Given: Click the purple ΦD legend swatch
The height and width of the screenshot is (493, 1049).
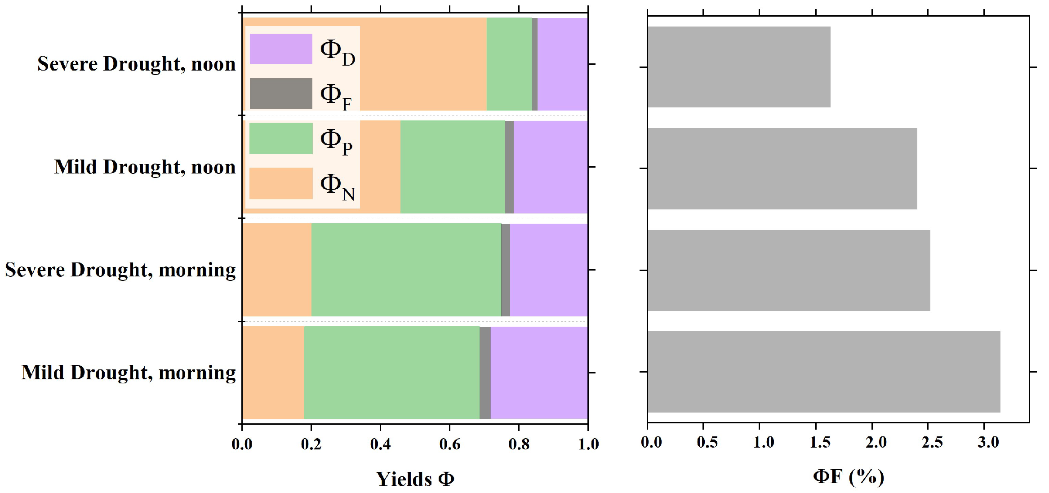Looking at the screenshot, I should pyautogui.click(x=281, y=49).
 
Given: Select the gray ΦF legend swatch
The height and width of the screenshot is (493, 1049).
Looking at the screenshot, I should pyautogui.click(x=281, y=93).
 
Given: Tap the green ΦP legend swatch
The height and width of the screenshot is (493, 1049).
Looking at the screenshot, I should pyautogui.click(x=281, y=138).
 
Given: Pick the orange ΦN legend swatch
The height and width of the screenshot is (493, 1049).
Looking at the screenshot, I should pyautogui.click(x=281, y=183).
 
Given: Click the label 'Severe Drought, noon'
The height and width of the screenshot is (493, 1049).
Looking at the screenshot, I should pyautogui.click(x=136, y=64).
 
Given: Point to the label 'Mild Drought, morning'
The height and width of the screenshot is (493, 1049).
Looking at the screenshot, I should pyautogui.click(x=129, y=373).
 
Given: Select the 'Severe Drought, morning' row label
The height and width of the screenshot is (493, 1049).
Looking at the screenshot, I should pyautogui.click(x=120, y=270).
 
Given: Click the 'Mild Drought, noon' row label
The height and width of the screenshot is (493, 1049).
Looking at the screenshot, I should pyautogui.click(x=145, y=167).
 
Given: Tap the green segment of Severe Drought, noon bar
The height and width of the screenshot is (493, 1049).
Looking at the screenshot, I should pyautogui.click(x=509, y=64).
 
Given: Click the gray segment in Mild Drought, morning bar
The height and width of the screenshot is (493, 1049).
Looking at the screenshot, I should pyautogui.click(x=485, y=373).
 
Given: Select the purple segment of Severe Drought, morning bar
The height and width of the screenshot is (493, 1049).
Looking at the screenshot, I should pyautogui.click(x=548, y=270).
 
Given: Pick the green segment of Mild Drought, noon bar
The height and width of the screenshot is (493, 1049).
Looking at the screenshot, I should pyautogui.click(x=453, y=167).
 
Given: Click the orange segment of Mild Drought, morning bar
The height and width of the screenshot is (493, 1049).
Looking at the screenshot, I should pyautogui.click(x=273, y=373).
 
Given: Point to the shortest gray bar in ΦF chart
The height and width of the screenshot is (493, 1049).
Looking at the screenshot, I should pyautogui.click(x=739, y=67).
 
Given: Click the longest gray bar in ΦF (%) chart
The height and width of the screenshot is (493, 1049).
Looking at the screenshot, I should pyautogui.click(x=823, y=372).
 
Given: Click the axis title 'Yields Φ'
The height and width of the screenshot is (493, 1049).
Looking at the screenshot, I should pyautogui.click(x=415, y=479).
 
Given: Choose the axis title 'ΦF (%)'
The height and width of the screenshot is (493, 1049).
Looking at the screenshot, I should pyautogui.click(x=849, y=476).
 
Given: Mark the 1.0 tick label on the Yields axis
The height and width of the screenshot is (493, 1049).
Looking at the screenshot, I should pyautogui.click(x=588, y=444).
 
